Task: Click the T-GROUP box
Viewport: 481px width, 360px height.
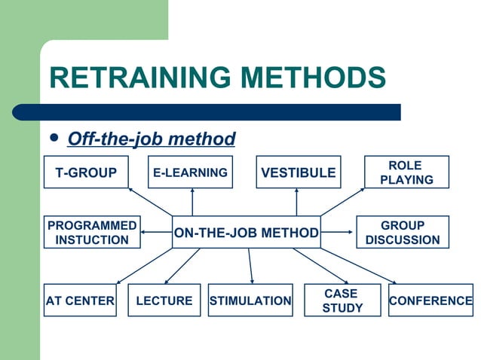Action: pyautogui.click(x=86, y=172)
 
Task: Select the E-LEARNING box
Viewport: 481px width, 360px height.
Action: pyautogui.click(x=190, y=172)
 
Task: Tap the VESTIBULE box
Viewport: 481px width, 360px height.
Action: pyautogui.click(x=298, y=172)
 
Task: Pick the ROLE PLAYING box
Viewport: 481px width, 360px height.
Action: pyautogui.click(x=406, y=172)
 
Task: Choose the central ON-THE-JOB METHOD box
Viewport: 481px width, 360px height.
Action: pyautogui.click(x=247, y=233)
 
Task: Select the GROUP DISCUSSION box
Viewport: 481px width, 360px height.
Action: pyautogui.click(x=402, y=233)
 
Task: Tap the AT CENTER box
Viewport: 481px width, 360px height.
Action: pyautogui.click(x=80, y=301)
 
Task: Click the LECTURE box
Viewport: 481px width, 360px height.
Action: pyautogui.click(x=164, y=301)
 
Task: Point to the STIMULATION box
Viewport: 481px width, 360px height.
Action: pyautogui.click(x=250, y=301)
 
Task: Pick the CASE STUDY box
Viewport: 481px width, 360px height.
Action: pyautogui.click(x=342, y=301)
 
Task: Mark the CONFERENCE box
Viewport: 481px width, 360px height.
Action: pyautogui.click(x=430, y=301)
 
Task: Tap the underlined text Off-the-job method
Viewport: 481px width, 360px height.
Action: pyautogui.click(x=152, y=139)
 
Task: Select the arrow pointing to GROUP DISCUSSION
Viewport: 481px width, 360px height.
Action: pyautogui.click(x=339, y=232)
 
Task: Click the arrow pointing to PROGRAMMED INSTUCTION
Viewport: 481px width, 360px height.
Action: pyautogui.click(x=155, y=232)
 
